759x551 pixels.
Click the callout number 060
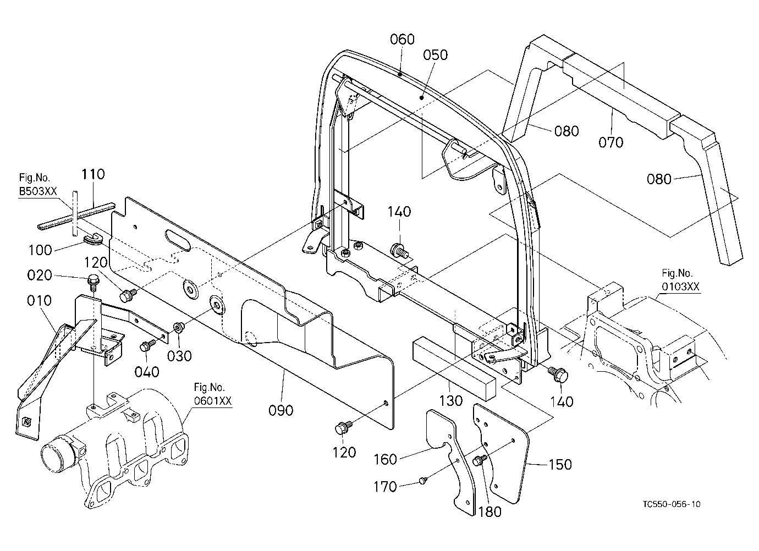(x=402, y=39)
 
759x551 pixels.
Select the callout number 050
(x=436, y=55)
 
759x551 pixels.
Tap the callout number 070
(x=611, y=142)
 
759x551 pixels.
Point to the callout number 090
(x=281, y=410)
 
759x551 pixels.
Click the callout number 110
(x=93, y=174)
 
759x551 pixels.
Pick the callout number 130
(x=451, y=401)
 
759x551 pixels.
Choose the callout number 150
(x=560, y=464)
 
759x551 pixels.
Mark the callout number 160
(x=385, y=460)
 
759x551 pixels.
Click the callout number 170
(x=385, y=487)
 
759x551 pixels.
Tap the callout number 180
(x=490, y=512)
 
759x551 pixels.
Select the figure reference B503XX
(x=37, y=191)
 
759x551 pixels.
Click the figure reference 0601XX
(x=213, y=401)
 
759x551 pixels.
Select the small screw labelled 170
(x=422, y=480)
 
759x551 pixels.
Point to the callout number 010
(x=39, y=301)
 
